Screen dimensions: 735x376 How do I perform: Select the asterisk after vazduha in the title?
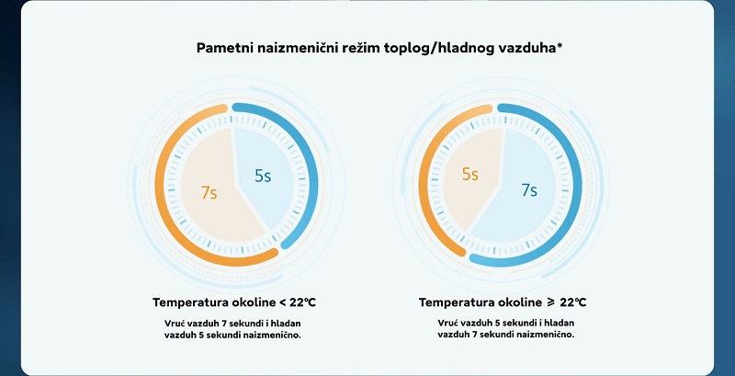pos(560,45)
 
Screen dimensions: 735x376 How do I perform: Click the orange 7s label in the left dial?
pos(209,192)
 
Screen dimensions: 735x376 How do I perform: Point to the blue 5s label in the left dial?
pos(263,176)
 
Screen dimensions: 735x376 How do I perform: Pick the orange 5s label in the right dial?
pos(470,174)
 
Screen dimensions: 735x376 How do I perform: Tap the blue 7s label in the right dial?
pos(529,190)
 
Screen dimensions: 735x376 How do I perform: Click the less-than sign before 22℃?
pos(283,302)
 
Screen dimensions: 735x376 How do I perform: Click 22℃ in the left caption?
pos(303,302)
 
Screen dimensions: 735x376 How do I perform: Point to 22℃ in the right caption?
pos(572,302)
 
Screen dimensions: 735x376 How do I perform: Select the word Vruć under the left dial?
pos(175,323)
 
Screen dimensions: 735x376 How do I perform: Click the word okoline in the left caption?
pos(254,302)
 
